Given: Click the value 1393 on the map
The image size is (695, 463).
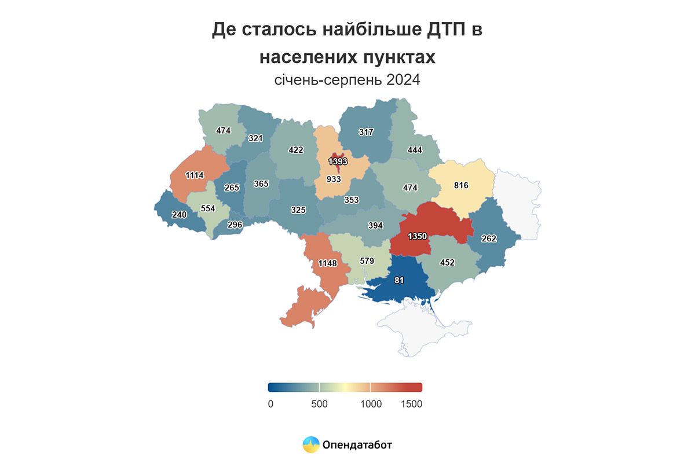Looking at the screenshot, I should tap(337, 161).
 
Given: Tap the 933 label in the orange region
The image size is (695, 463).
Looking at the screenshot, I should tap(334, 179).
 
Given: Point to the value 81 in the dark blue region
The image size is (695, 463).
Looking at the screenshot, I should tap(398, 281).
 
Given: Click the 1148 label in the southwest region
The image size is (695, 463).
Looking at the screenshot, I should tap(327, 264).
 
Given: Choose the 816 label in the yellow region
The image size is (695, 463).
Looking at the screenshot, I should tap(461, 185).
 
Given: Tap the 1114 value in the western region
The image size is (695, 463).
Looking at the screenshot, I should tap(195, 175).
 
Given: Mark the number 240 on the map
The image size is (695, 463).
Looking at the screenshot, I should tap(180, 214).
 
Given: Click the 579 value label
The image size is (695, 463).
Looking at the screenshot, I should tap(367, 261).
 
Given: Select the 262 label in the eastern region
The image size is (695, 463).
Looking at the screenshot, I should tap(489, 238).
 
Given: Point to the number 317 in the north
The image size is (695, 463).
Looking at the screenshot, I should tap(365, 132).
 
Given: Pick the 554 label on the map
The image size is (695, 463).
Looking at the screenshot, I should tap(207, 208).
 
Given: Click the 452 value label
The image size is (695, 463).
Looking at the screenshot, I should tap(447, 262).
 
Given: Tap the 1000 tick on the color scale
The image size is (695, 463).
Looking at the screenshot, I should tap(371, 404).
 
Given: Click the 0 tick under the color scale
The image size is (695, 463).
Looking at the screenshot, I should tap(270, 404).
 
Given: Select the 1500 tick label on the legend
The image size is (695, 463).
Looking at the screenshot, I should tap(411, 404).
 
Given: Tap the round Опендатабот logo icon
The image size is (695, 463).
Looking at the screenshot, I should tap(311, 444).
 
